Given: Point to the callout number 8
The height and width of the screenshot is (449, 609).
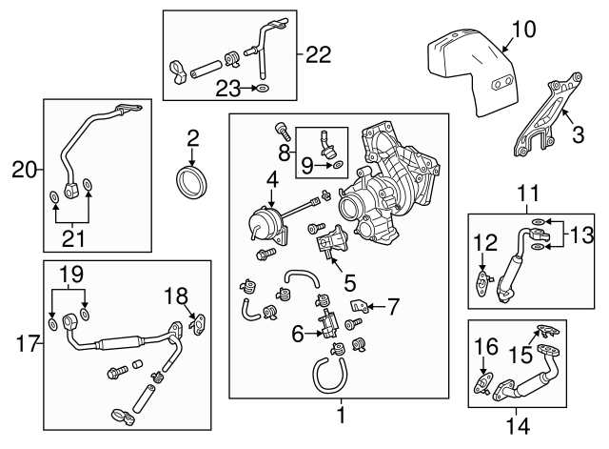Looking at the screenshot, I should point(285,153).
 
